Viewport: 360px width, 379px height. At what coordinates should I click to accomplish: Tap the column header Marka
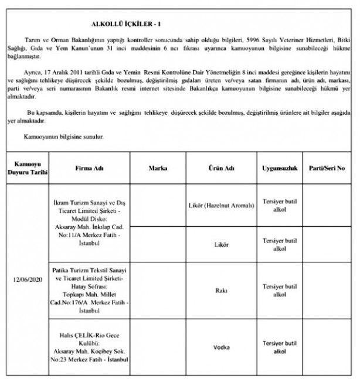click(158, 168)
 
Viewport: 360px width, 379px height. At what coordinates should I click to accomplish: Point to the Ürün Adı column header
click(222, 168)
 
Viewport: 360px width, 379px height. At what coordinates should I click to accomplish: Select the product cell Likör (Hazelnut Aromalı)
click(222, 206)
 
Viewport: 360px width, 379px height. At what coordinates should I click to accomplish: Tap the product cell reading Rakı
click(222, 289)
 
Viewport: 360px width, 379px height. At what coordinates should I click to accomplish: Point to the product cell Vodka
click(222, 347)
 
